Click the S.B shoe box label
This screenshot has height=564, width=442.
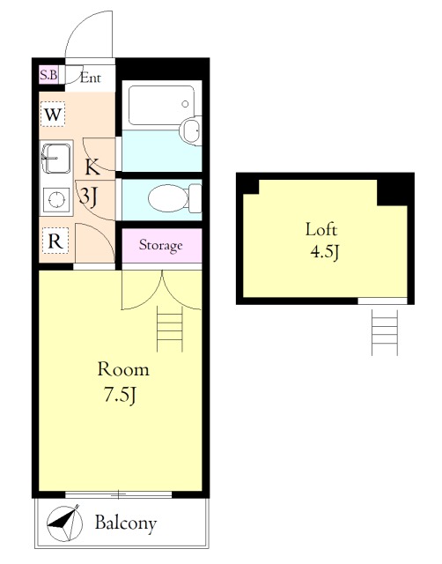tap(48, 75)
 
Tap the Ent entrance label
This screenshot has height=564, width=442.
tap(90, 78)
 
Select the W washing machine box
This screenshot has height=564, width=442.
tap(53, 115)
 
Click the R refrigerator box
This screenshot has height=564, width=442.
tap(55, 241)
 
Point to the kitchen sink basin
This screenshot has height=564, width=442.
tap(56, 159)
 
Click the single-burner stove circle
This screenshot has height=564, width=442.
tap(56, 200)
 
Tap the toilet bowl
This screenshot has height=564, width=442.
tap(168, 197)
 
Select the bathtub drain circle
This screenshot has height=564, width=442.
tap(185, 104)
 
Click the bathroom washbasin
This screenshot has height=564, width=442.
tap(191, 130)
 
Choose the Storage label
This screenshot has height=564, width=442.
tap(160, 245)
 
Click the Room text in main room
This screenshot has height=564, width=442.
tap(123, 369)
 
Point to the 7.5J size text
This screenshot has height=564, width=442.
tap(120, 395)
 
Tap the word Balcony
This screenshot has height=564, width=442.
tap(126, 523)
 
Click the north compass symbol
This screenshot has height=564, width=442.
tap(64, 523)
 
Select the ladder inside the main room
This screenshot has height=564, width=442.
tap(170, 329)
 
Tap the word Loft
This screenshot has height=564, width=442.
tap(320, 229)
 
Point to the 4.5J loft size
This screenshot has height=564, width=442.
tap(325, 253)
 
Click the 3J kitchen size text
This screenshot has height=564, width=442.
tap(88, 197)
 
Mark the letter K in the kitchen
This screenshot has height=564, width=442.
tap(92, 167)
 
